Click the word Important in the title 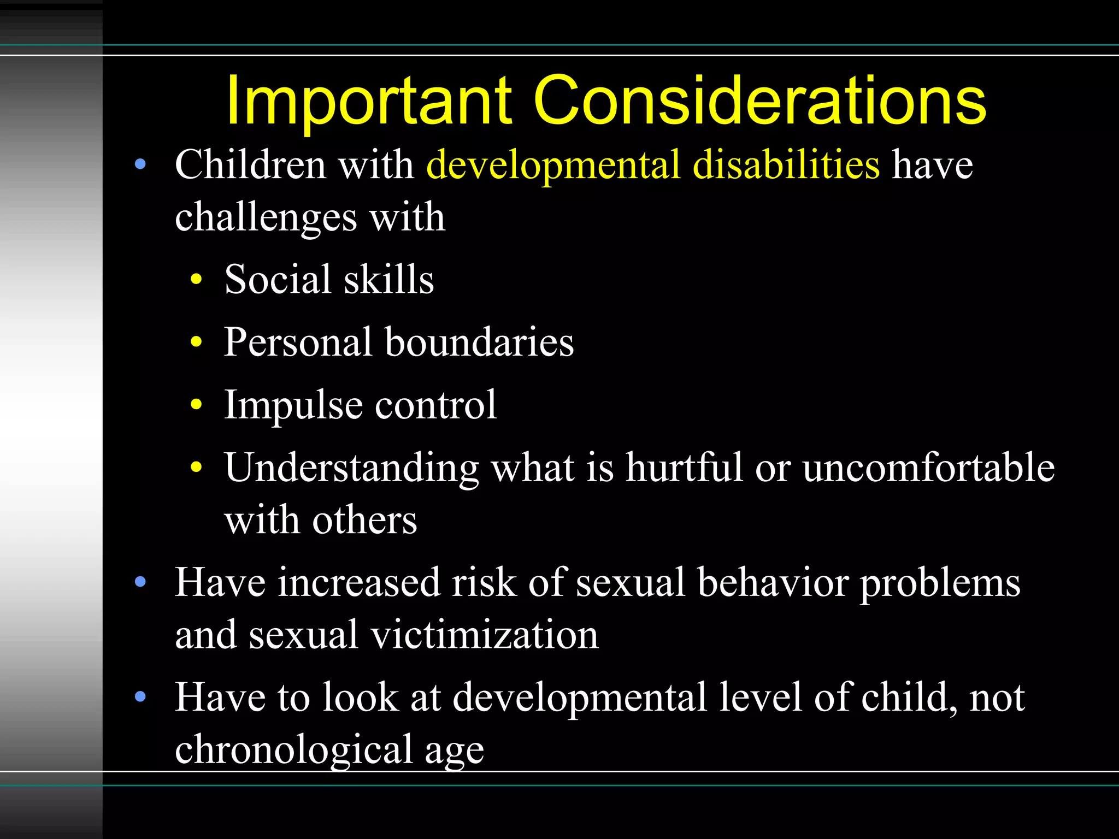369,101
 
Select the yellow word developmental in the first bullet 553,165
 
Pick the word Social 277,279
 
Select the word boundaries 479,342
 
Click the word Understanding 351,469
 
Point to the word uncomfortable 928,468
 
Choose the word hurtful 684,468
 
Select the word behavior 773,582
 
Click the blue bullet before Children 140,164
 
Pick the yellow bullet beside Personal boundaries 196,342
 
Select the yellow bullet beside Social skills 196,280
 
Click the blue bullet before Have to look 140,696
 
